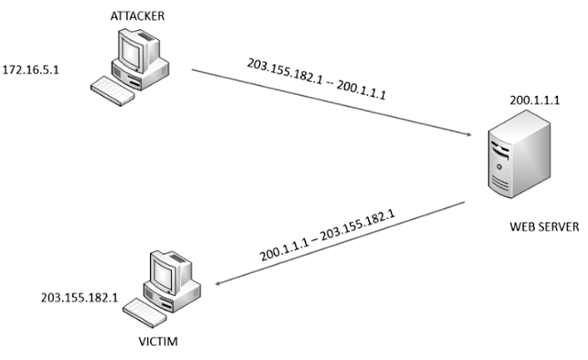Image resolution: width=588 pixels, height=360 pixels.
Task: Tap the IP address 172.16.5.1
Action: tap(30, 68)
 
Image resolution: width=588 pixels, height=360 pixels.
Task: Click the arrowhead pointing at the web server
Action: tap(466, 134)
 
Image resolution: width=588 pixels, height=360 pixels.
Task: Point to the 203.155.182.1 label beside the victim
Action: tap(80, 297)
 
